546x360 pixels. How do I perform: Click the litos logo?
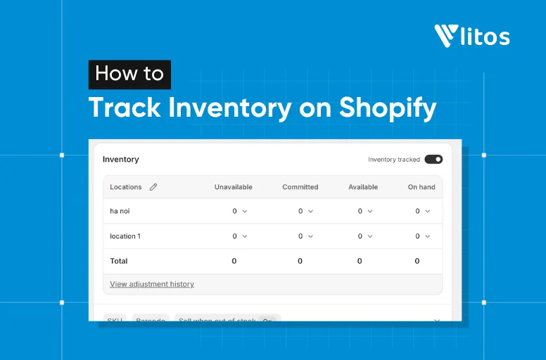471,35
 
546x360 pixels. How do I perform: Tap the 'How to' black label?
129,74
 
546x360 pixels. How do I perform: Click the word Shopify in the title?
388,108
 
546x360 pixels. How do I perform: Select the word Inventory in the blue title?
230,108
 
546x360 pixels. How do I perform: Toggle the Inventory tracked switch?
433,160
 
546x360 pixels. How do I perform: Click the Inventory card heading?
121,160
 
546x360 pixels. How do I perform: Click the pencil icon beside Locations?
153,187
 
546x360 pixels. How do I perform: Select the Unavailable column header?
233,187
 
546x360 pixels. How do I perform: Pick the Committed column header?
300,187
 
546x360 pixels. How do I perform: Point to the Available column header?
363,187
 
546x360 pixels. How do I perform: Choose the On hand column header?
421,187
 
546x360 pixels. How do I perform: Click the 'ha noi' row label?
120,211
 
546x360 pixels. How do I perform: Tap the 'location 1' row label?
125,236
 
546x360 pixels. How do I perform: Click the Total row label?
119,261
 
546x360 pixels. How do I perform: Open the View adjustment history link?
152,284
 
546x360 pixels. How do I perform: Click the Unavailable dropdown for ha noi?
240,211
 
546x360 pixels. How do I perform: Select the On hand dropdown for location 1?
422,236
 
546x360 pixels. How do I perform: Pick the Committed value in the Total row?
300,261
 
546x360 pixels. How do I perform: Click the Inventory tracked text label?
394,160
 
